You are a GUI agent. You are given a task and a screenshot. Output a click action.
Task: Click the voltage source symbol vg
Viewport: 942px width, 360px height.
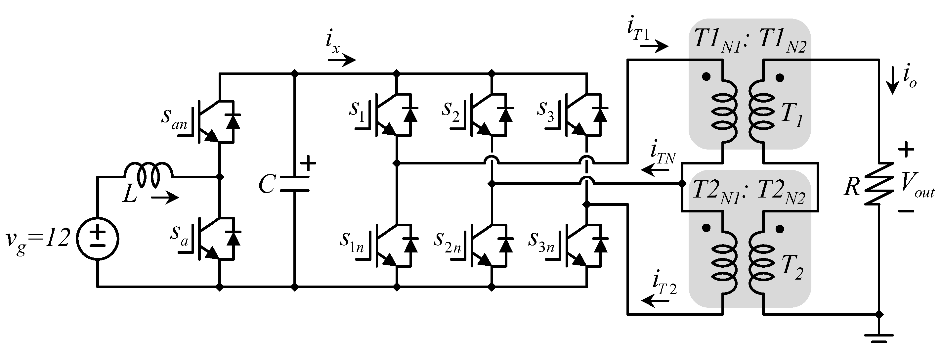[98, 239]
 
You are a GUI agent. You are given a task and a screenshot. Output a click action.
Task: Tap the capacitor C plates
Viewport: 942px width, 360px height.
[295, 184]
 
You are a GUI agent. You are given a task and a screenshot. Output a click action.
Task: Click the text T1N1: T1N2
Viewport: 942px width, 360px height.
[749, 41]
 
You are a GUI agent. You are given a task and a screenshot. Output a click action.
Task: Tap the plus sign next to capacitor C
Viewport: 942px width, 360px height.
[308, 163]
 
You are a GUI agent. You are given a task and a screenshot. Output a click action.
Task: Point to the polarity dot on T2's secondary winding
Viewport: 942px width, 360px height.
[780, 229]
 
